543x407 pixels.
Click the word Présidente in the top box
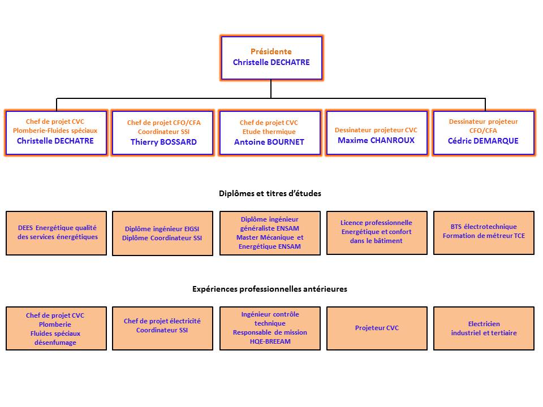271,51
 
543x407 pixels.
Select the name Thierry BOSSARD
163,142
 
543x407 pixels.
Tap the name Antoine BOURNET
269,142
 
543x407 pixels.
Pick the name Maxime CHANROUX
376,140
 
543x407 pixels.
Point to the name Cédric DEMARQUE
483,141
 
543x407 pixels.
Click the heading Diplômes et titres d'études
270,193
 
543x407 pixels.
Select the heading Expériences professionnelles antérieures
270,289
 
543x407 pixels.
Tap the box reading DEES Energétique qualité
56,233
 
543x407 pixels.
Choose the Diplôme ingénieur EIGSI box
162,233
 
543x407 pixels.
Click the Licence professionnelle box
377,233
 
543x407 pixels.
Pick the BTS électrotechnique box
484,233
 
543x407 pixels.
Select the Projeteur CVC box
377,328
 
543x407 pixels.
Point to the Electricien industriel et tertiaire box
484,328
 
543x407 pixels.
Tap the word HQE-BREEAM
270,341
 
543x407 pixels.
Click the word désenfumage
55,343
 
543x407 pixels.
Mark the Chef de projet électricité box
162,328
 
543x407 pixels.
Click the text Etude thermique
269,132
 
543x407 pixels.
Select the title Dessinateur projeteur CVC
376,130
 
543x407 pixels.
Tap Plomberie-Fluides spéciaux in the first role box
55,131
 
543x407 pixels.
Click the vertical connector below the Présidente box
271,89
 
